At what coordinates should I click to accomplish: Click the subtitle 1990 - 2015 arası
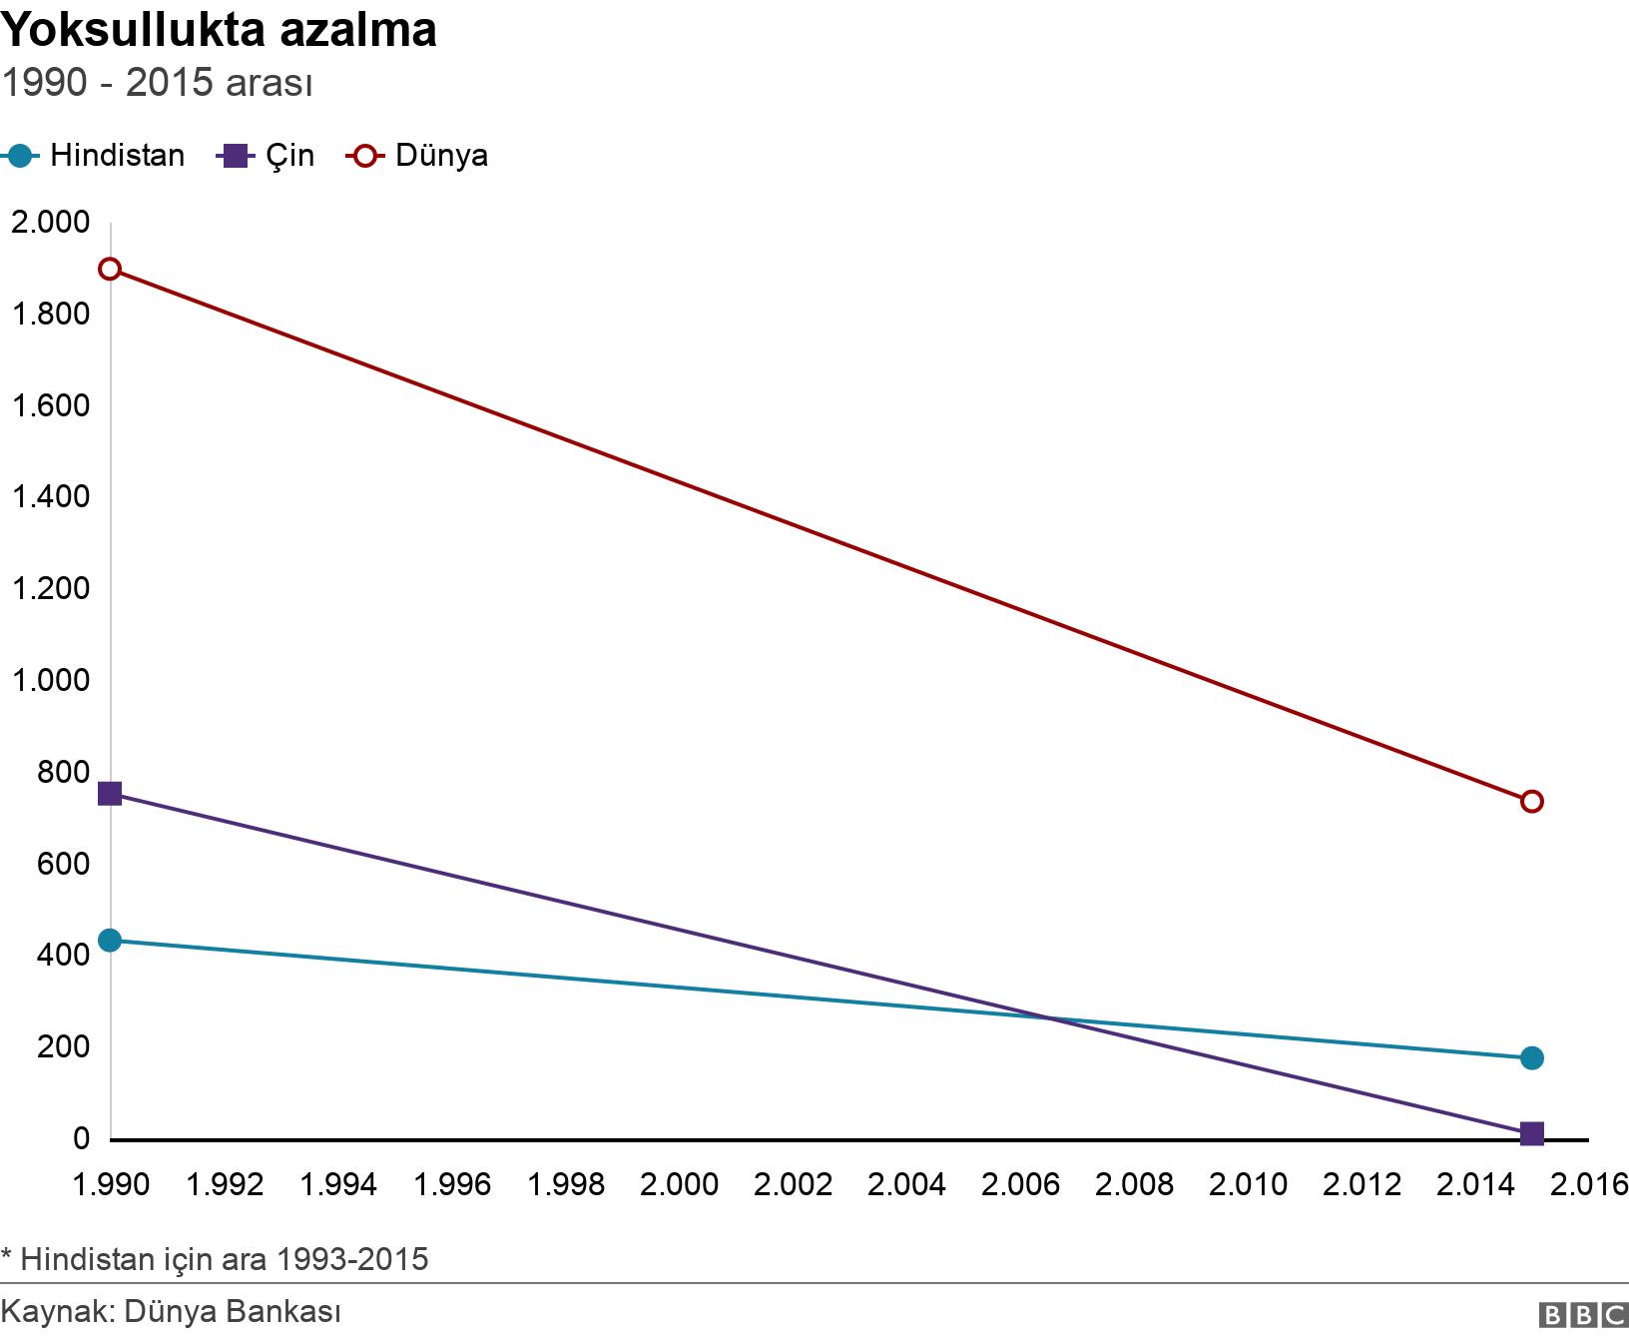coord(157,83)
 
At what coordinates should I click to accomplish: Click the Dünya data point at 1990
coord(110,269)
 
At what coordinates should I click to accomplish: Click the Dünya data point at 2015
coord(1532,802)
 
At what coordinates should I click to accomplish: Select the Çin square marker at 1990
coord(110,794)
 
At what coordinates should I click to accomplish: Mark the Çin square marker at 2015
coord(1532,1133)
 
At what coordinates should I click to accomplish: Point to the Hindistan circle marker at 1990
coord(110,940)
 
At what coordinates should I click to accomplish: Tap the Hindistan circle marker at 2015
coord(1532,1057)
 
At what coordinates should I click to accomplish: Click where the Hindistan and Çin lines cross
coord(1049,1017)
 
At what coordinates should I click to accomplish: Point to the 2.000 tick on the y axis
coord(50,222)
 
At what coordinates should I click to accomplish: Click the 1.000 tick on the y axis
coord(50,680)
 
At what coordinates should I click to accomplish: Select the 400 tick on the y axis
coord(63,956)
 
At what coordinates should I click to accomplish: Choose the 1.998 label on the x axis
coord(566,1184)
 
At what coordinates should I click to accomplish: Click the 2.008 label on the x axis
coord(1134,1184)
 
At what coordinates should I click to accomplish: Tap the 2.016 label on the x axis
coord(1590,1184)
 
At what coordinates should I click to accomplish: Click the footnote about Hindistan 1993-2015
coord(215,1259)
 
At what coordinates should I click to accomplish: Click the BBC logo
coord(1582,1315)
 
